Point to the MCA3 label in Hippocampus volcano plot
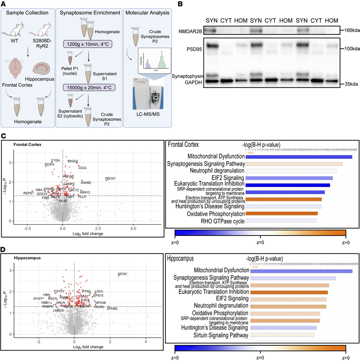[122, 274]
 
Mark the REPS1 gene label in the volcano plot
[28, 193]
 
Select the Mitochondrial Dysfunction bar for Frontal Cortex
[298, 157]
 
